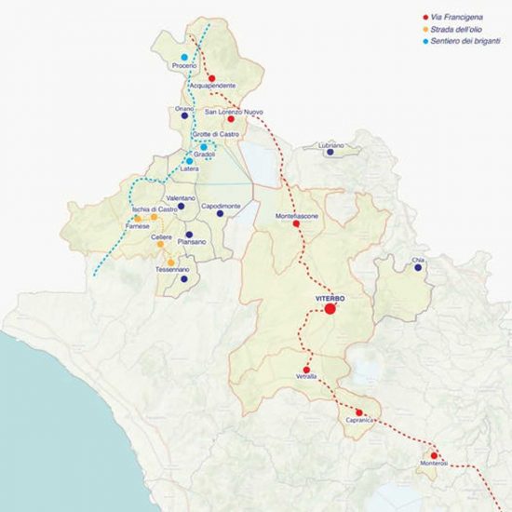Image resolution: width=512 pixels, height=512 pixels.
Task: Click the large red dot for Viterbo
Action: tap(330, 309)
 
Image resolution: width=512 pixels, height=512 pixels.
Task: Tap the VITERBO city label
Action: tap(330, 296)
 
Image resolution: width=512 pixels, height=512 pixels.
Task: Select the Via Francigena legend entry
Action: tap(456, 17)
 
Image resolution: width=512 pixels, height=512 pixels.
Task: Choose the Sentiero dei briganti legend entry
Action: tap(463, 42)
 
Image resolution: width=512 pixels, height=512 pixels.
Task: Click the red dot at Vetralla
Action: tap(306, 357)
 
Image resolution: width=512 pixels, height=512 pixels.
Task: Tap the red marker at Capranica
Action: tap(358, 412)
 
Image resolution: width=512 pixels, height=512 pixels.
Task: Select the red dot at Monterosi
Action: tap(434, 455)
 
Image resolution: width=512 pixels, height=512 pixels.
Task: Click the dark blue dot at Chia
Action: tap(418, 268)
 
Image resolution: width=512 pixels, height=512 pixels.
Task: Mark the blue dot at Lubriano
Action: tap(330, 153)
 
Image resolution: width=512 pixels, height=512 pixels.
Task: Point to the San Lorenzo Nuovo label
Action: tap(228, 112)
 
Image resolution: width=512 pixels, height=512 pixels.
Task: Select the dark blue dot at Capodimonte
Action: tap(221, 213)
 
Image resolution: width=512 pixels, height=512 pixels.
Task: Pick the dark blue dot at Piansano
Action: tap(189, 235)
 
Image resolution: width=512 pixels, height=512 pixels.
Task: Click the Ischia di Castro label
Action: tap(155, 209)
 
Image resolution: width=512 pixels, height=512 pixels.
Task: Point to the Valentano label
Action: tap(180, 198)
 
